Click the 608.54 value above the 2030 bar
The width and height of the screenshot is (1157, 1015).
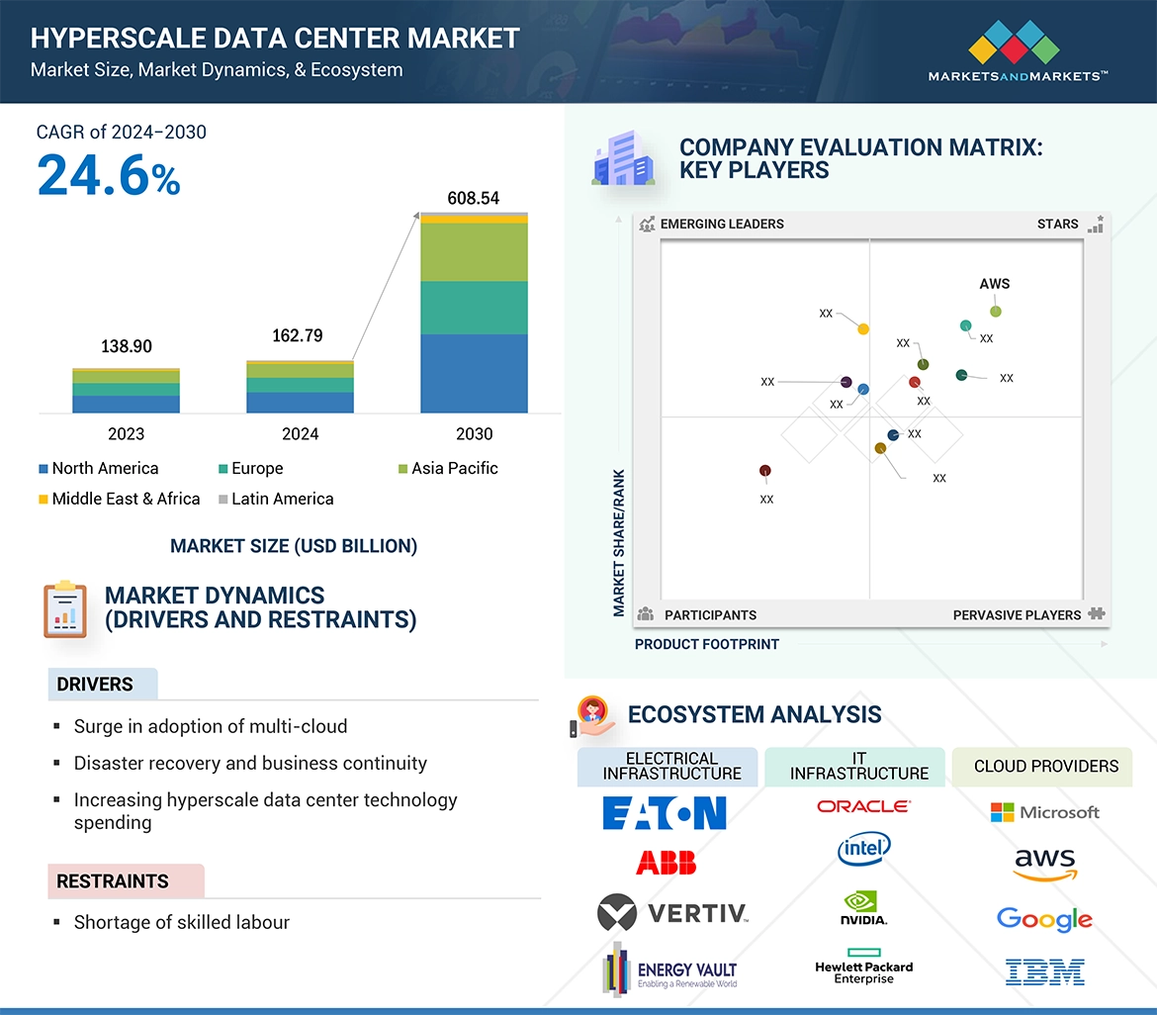pyautogui.click(x=474, y=198)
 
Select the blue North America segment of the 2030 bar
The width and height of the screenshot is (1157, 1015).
pyautogui.click(x=474, y=373)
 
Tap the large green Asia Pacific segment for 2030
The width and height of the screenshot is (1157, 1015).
pyautogui.click(x=474, y=252)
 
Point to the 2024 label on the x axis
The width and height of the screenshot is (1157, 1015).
pyautogui.click(x=300, y=433)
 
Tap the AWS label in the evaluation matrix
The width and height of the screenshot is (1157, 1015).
pyautogui.click(x=995, y=284)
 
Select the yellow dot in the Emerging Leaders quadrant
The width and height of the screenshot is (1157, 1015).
pyautogui.click(x=863, y=328)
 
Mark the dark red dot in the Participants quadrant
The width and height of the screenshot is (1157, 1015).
pyautogui.click(x=764, y=471)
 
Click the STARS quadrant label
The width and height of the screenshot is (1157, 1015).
pyautogui.click(x=1057, y=224)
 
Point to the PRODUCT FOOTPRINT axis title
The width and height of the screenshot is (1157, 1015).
pyautogui.click(x=706, y=644)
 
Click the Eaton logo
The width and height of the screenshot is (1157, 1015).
pyautogui.click(x=665, y=813)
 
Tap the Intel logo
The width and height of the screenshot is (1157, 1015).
pyautogui.click(x=863, y=848)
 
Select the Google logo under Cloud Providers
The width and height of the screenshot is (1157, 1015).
pyautogui.click(x=1044, y=919)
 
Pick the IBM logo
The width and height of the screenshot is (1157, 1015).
pyautogui.click(x=1044, y=971)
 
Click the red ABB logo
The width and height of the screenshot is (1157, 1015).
pyautogui.click(x=666, y=863)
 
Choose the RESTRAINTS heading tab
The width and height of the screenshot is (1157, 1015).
pyautogui.click(x=113, y=880)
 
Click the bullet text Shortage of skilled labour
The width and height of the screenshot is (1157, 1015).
pyautogui.click(x=181, y=922)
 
